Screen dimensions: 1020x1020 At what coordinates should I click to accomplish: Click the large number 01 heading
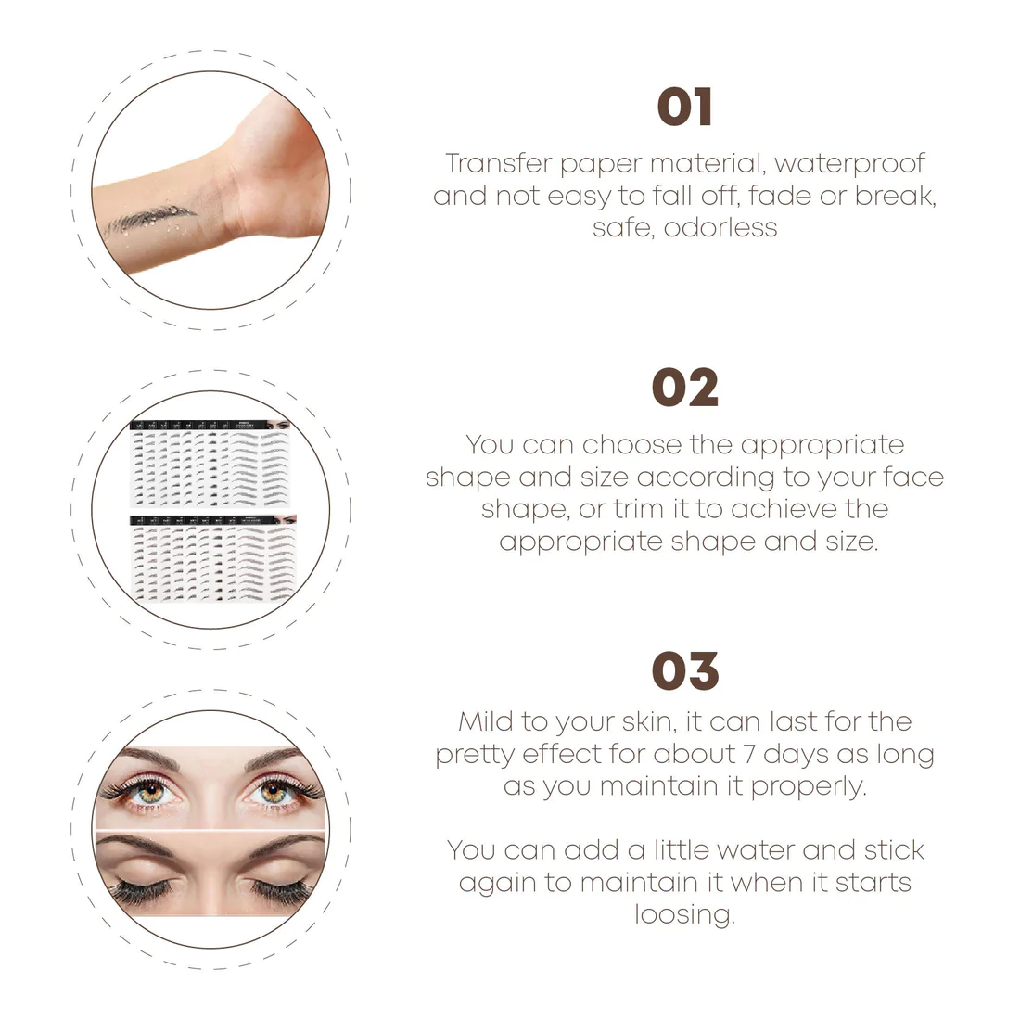pos(684,108)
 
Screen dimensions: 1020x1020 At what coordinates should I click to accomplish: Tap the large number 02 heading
pos(685,388)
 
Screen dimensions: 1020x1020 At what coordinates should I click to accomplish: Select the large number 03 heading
pos(685,670)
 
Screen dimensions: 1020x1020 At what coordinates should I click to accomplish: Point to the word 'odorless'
pos(720,228)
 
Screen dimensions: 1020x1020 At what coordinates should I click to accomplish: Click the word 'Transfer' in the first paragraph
pos(498,163)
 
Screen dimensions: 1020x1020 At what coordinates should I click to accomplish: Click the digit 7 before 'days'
pos(748,754)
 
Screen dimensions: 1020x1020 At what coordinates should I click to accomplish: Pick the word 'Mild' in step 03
pos(485,721)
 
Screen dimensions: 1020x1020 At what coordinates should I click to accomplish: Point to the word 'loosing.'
pos(685,914)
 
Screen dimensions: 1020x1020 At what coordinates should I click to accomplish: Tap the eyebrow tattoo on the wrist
pos(149,219)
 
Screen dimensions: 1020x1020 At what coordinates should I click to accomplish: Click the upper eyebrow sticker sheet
pos(210,463)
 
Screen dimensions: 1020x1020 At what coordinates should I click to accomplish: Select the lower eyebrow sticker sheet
pos(213,557)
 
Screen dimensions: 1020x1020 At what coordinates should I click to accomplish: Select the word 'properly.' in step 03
pos(809,787)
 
